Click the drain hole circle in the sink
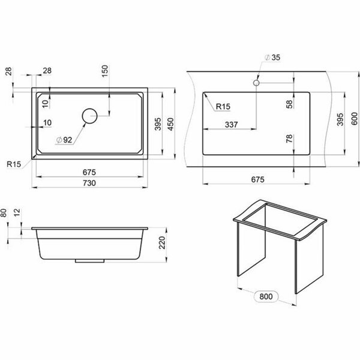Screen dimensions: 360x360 coord(89,116)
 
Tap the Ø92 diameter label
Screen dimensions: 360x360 coord(64,140)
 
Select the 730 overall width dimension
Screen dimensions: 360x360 coord(89,183)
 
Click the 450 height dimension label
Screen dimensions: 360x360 coord(170,124)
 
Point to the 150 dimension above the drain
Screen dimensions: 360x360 coord(104,71)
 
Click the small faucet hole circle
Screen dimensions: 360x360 coord(256,83)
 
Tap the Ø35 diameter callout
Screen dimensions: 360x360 coord(272,58)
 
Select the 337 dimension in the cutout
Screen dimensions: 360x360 coord(231,124)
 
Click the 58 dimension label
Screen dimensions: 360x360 coord(290,104)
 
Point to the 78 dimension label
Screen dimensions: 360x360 coord(289,139)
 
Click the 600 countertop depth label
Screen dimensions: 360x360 coord(355,119)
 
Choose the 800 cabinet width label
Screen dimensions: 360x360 coord(266,296)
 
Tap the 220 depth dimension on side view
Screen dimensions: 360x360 coord(163,242)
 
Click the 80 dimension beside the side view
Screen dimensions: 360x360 coord(4,213)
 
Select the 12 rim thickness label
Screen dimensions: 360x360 coord(17,212)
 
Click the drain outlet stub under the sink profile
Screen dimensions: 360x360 coord(90,261)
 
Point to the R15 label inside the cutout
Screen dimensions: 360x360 coord(223,107)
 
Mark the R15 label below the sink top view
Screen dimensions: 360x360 coord(14,164)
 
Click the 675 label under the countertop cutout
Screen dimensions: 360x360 coord(258,179)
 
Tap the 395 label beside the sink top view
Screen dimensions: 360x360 coord(158,124)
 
